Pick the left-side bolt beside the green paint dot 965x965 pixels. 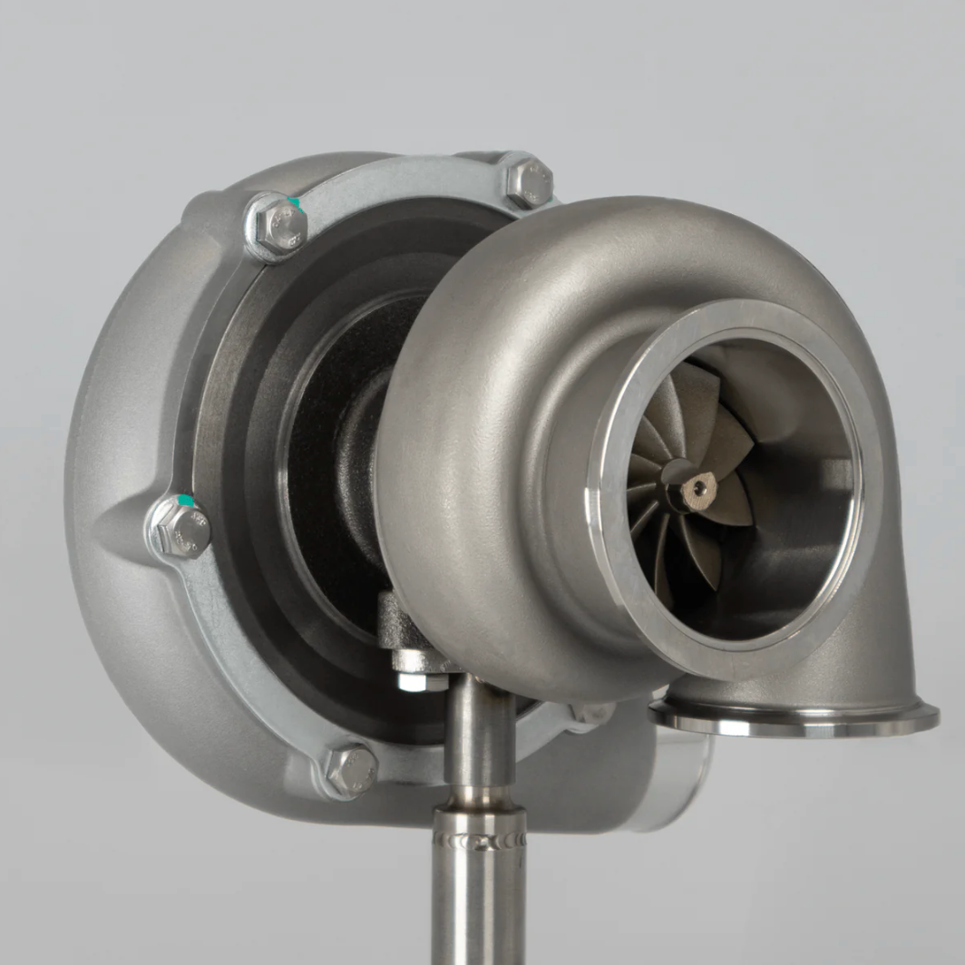pos(180,529)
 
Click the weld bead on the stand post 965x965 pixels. pos(479,840)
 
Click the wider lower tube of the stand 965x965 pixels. pos(479,907)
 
